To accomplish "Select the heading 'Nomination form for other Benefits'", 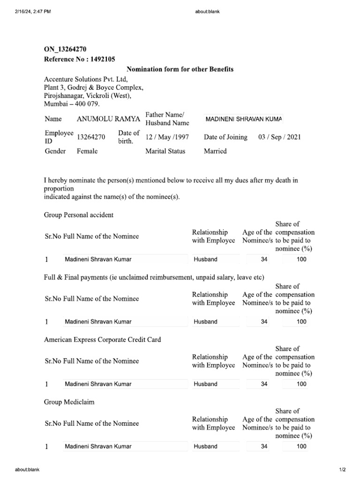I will (x=180, y=69).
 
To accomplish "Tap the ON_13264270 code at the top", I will (x=65, y=49).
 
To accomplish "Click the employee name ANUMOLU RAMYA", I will (x=108, y=119).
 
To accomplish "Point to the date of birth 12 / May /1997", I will (x=165, y=137).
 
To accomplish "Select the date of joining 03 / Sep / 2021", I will (x=279, y=137).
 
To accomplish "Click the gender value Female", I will (x=87, y=151).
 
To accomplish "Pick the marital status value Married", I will (x=215, y=151).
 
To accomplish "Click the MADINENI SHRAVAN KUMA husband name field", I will (x=243, y=119).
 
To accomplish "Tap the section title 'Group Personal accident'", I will (x=79, y=215).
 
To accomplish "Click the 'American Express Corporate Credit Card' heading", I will (x=102, y=339).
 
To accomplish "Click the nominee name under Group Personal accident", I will (x=98, y=259).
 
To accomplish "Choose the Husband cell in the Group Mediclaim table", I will (x=206, y=446).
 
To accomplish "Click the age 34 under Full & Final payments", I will (x=264, y=322).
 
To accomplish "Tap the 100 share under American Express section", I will (x=301, y=384).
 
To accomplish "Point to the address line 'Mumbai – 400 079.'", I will (x=72, y=104).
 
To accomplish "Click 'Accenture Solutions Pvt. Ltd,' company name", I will (x=86, y=79).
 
